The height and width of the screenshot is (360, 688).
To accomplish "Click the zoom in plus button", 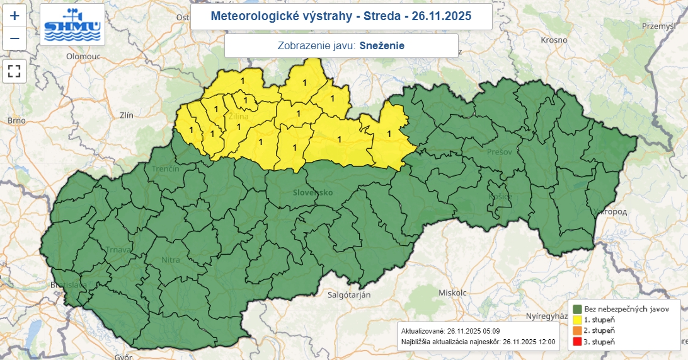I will (14, 16).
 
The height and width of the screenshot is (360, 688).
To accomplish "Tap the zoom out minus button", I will (14, 39).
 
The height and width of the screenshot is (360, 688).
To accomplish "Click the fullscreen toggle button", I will (14, 71).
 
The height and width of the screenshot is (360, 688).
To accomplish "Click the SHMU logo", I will (72, 25).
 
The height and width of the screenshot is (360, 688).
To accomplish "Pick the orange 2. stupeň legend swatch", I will (577, 330).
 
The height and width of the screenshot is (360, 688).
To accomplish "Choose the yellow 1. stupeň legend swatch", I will (577, 320).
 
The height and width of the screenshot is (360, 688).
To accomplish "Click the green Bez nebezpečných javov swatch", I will (577, 309).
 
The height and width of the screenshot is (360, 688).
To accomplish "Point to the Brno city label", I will (16, 120).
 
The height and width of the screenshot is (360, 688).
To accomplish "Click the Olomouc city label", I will (83, 56).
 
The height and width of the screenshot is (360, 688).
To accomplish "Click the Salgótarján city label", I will (349, 294).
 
